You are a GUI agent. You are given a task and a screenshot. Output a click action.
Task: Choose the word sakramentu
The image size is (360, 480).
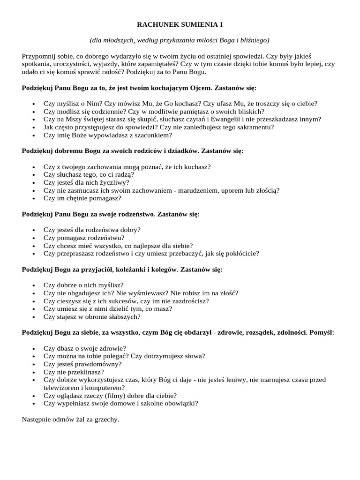(x=257, y=127)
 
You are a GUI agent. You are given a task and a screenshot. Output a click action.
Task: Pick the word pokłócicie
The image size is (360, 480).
(x=240, y=253)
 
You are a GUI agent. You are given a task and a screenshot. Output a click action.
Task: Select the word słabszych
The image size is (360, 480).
(x=123, y=316)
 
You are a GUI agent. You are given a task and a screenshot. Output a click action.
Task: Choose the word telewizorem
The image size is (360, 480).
(x=63, y=388)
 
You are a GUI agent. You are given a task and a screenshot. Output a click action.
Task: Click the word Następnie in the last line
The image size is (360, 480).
(x=37, y=419)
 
